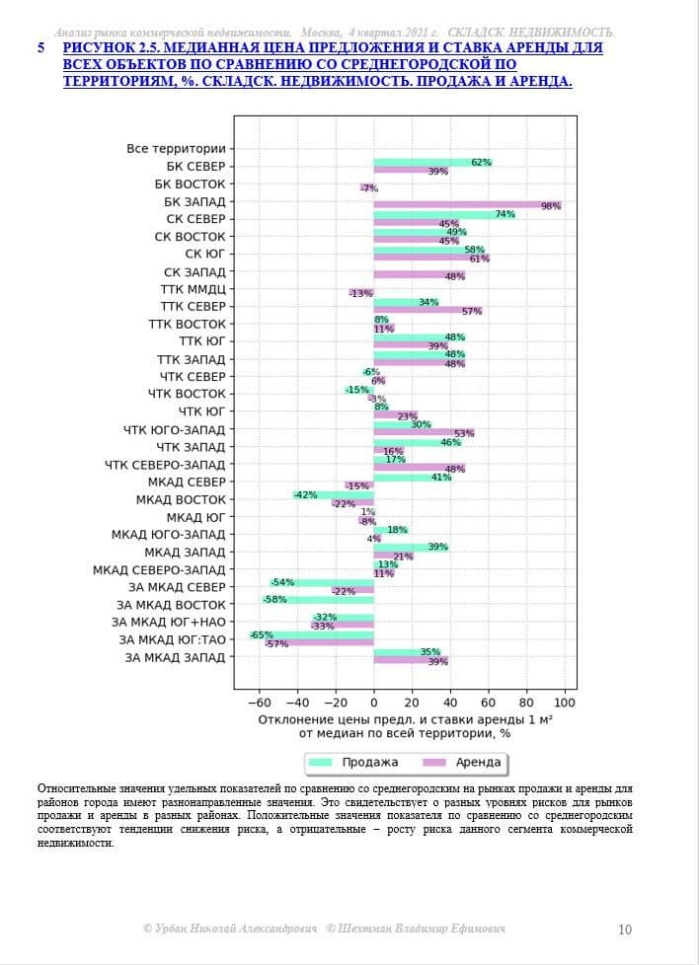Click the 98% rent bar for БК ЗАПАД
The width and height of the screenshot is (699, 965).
tap(467, 205)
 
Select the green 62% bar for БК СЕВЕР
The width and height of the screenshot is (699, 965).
tap(433, 163)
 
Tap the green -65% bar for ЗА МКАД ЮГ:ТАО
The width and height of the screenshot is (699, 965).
tap(312, 635)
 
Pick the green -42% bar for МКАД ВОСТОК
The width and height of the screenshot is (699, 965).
tap(334, 494)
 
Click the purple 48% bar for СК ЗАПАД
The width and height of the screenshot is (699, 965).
tap(420, 275)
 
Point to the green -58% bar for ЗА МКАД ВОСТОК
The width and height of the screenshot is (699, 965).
tap(318, 600)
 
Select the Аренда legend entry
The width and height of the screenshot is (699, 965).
tap(462, 763)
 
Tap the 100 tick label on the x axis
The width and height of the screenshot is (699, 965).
tap(564, 703)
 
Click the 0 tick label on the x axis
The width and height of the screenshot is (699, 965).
tap(374, 703)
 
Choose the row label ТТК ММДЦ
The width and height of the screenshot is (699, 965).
tap(194, 289)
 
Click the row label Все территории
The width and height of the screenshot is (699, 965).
tap(177, 149)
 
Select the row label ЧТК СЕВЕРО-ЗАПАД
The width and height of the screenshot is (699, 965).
tap(166, 465)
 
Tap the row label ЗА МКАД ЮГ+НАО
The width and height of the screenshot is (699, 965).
tap(169, 623)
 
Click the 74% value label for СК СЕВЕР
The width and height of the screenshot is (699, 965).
tap(505, 214)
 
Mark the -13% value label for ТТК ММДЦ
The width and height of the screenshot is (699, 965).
tap(361, 294)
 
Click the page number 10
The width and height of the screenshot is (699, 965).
tap(625, 929)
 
